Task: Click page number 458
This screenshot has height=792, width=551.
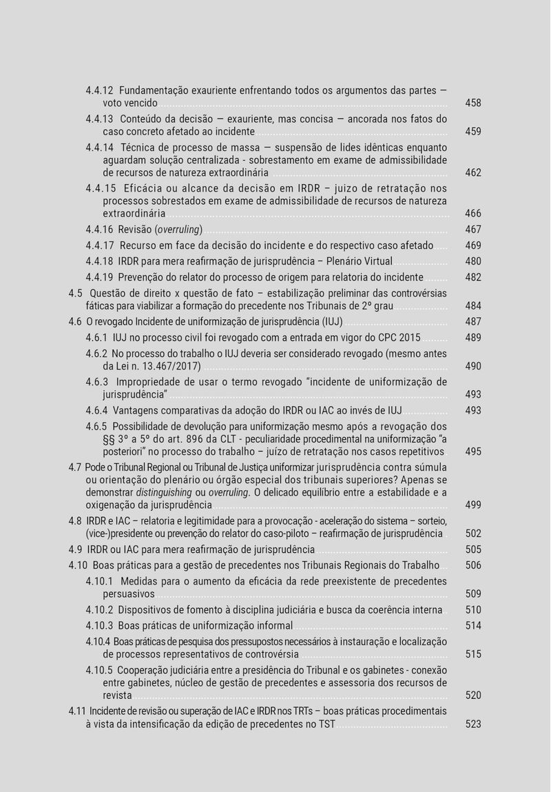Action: click(x=473, y=103)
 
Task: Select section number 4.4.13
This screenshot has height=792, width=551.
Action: click(x=99, y=119)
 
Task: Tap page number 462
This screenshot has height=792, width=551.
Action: click(x=473, y=172)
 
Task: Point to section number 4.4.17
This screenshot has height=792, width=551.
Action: click(x=99, y=245)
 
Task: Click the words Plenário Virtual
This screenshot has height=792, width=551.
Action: click(x=359, y=261)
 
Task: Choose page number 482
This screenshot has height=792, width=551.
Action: click(x=473, y=277)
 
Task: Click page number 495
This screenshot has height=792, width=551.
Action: click(x=473, y=451)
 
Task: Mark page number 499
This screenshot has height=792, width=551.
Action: click(x=473, y=505)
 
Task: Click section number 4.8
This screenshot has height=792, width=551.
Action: click(x=76, y=520)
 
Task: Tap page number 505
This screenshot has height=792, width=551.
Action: click(x=473, y=549)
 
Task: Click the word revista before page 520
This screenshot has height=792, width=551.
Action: click(x=117, y=695)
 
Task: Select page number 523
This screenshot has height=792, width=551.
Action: click(x=473, y=724)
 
